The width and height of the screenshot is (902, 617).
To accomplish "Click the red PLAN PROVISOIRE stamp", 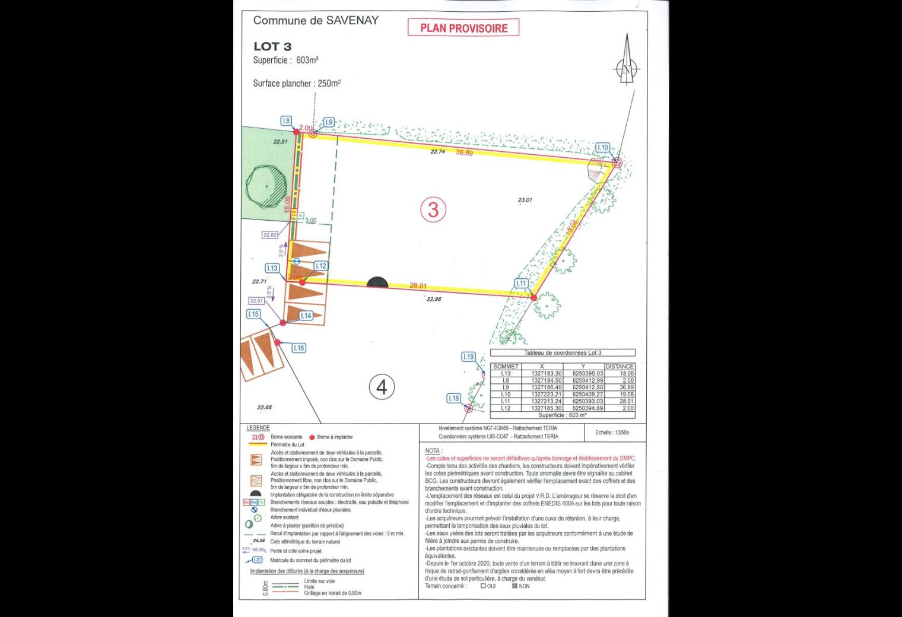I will (x=463, y=28).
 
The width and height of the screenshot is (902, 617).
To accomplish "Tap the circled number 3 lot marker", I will (x=433, y=209).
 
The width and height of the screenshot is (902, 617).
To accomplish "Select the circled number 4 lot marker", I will (x=382, y=387).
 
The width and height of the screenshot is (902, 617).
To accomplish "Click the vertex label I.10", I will (x=602, y=148).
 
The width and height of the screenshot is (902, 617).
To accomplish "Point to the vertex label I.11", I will (x=521, y=284).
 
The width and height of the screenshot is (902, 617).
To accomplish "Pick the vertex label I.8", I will (x=286, y=121).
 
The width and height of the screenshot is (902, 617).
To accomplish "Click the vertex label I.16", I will (x=298, y=348).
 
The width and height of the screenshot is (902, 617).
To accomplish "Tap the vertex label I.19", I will (x=468, y=357).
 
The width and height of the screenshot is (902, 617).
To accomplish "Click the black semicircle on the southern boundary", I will (x=377, y=283).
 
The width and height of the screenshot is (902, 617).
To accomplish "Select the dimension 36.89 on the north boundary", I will (x=464, y=153).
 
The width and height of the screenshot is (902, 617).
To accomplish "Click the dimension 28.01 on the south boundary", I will (x=418, y=286).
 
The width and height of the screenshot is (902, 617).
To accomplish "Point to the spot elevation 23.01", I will (x=525, y=201).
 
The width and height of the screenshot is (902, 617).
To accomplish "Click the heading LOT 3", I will (x=272, y=46).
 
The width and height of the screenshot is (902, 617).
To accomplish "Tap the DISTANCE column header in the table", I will (x=620, y=367).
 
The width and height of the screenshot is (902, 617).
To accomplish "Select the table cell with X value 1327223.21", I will (x=547, y=395).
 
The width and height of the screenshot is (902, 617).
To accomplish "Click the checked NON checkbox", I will (x=514, y=586).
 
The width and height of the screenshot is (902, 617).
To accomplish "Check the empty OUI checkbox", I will (x=483, y=586).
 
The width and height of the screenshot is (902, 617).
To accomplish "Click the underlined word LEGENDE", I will (x=258, y=428).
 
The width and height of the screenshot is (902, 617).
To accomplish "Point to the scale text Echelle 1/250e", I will (x=612, y=432).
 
